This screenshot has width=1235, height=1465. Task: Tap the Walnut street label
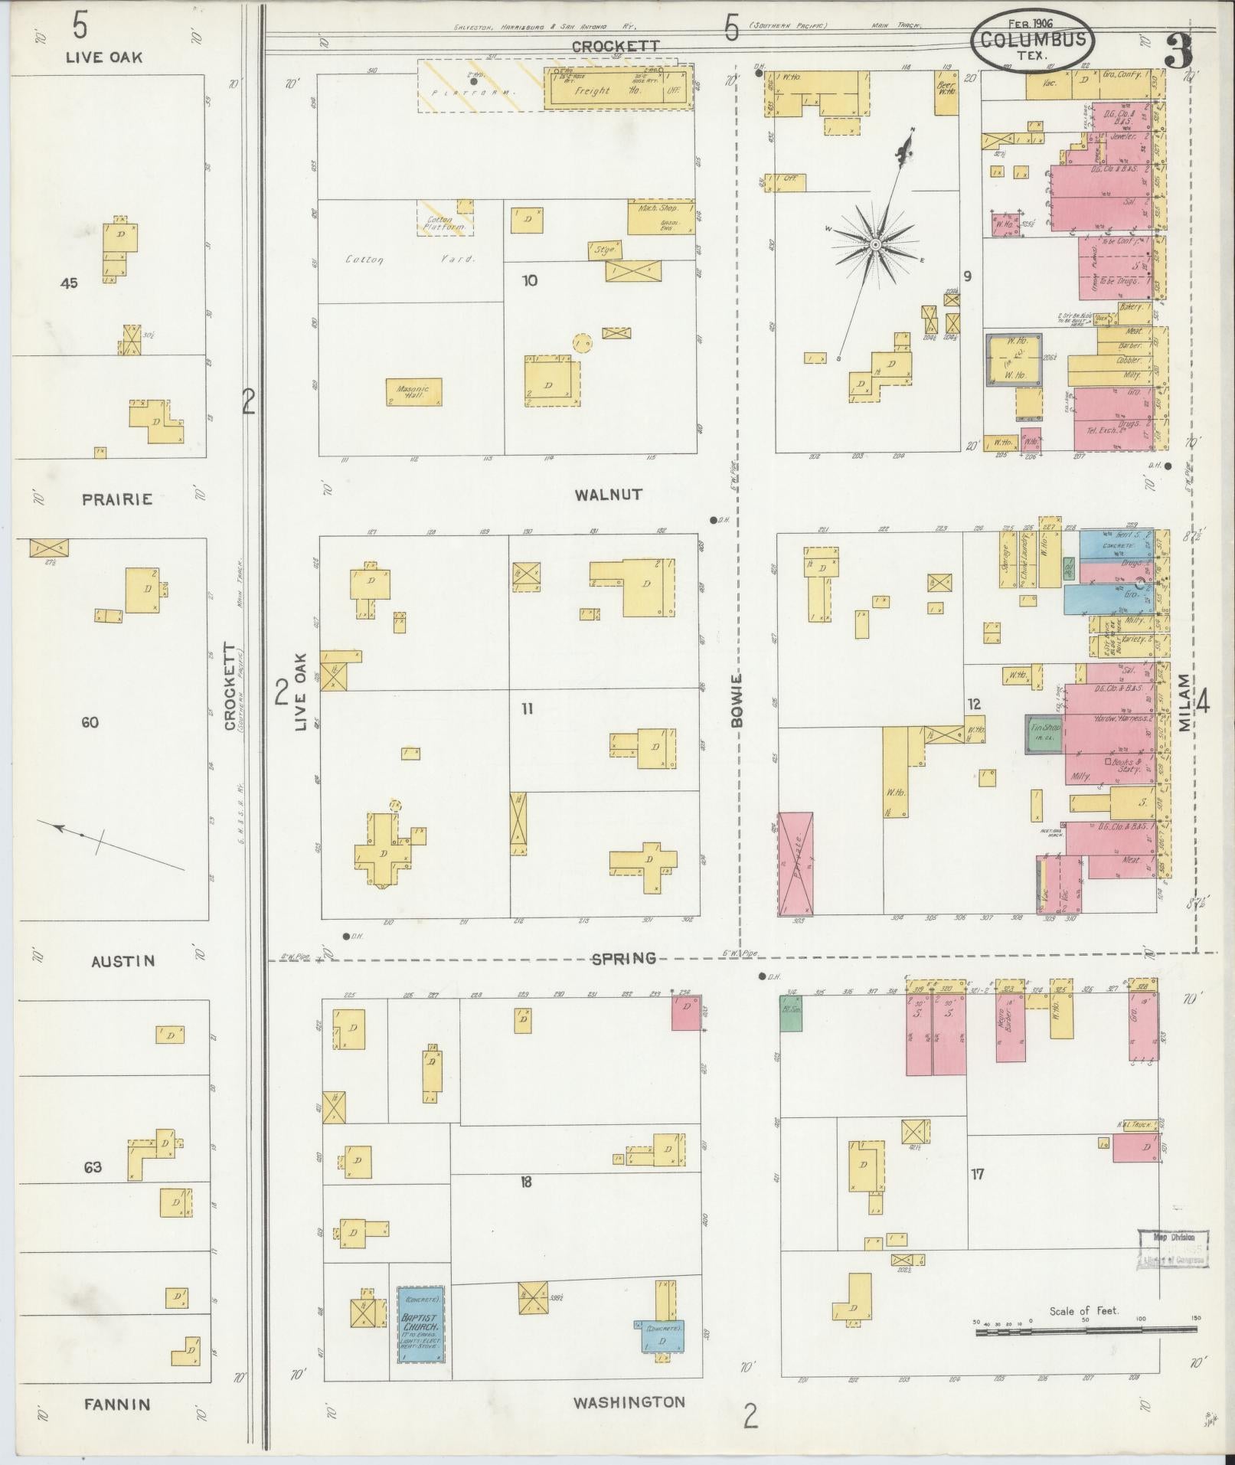pos(609,495)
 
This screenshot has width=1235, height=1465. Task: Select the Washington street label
pos(629,1402)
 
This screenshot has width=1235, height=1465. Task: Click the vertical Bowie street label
pos(737,700)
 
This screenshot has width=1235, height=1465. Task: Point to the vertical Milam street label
pos(1185,702)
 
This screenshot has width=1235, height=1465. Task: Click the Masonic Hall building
pos(413,392)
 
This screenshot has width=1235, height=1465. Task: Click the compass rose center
pos(874,244)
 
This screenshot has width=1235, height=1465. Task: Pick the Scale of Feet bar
pos(1087,1333)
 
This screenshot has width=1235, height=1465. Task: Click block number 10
pos(530,281)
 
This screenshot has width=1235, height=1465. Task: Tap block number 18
pos(525,1182)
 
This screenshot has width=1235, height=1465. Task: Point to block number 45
pos(70,283)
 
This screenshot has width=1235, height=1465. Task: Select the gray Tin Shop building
pos(1044,734)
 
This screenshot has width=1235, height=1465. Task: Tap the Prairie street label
pos(117,499)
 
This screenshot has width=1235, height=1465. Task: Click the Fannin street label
pos(117,1405)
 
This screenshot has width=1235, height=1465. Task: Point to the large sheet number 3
pos(1179,51)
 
